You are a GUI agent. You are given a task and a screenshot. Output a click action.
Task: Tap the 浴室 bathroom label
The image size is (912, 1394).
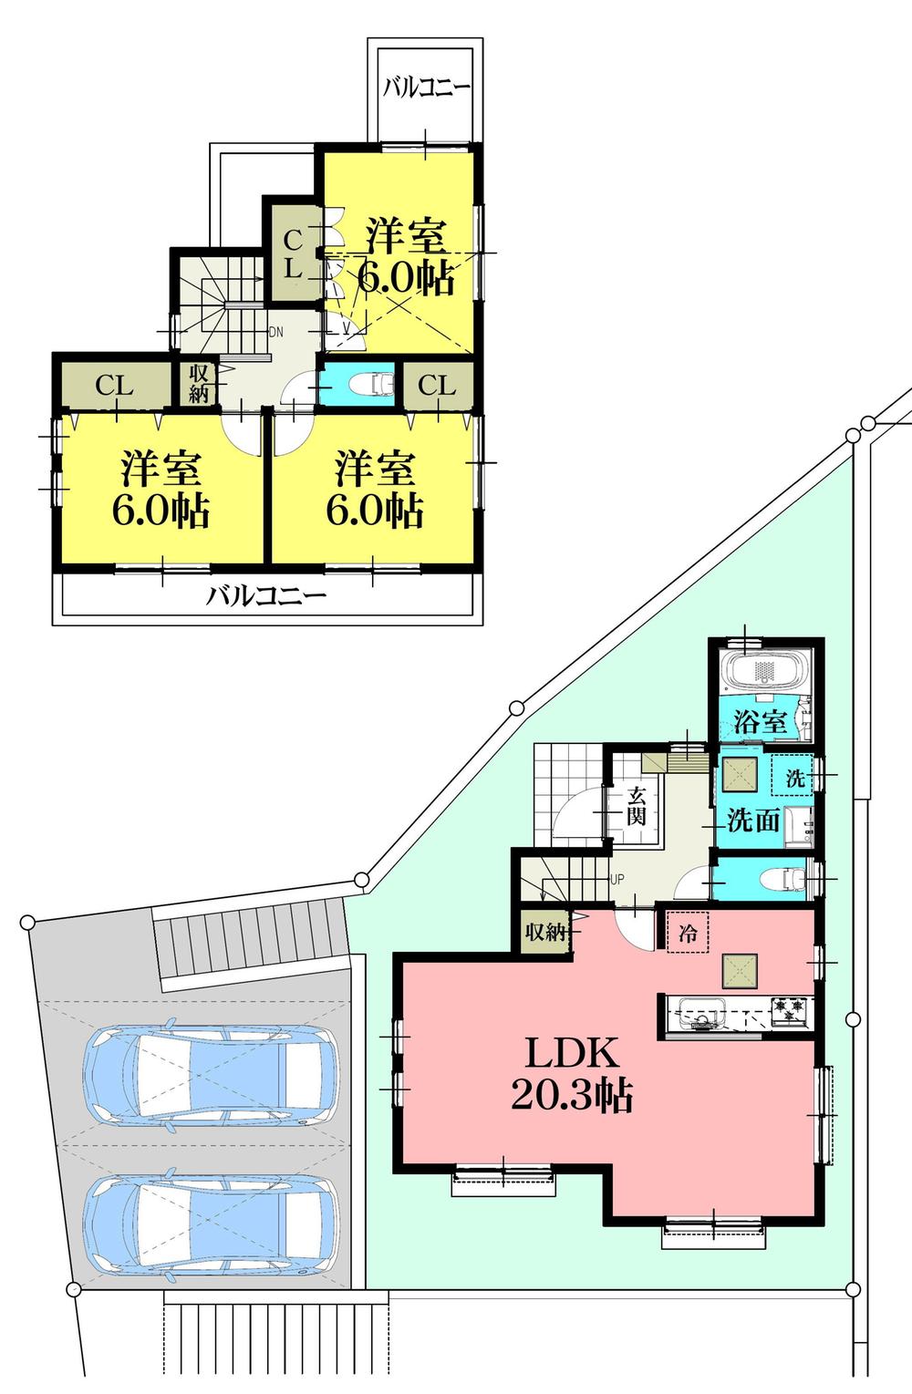(x=760, y=722)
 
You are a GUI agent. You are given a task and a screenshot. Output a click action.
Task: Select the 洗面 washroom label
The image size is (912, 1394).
(x=752, y=820)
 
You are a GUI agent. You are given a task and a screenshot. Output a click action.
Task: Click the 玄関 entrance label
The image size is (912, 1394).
(x=636, y=806)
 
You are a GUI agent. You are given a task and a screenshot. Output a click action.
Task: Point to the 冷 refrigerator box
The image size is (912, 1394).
(x=688, y=934)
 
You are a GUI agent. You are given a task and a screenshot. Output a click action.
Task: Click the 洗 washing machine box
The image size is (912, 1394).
(x=795, y=779)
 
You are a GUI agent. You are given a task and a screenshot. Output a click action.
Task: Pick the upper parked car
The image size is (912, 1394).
(x=209, y=1076)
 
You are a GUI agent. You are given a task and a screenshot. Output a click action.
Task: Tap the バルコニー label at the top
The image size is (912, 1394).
(x=426, y=88)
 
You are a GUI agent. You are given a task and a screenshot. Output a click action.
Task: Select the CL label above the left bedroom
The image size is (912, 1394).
(x=115, y=386)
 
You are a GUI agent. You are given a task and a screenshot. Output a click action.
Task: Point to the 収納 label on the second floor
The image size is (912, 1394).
(x=200, y=383)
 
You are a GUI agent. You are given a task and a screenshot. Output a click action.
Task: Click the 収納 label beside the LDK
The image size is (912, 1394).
(x=546, y=932)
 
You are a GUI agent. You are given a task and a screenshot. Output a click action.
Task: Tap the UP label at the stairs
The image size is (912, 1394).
(x=617, y=880)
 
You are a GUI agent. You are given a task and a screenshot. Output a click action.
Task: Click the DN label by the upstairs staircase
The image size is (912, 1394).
(x=275, y=332)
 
